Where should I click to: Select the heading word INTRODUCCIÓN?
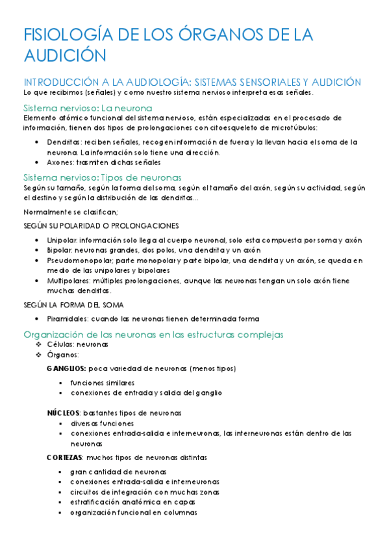pyautogui.click(x=62, y=83)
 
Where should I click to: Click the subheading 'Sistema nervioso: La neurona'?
pyautogui.click(x=88, y=107)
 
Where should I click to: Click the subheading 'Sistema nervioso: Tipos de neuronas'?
pyautogui.click(x=102, y=177)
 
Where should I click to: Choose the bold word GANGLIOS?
pyautogui.click(x=66, y=368)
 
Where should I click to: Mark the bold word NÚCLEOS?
pyautogui.click(x=63, y=413)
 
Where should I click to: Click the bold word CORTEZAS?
pyautogui.click(x=64, y=457)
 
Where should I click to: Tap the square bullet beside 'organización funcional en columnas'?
pyautogui.click(x=60, y=512)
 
